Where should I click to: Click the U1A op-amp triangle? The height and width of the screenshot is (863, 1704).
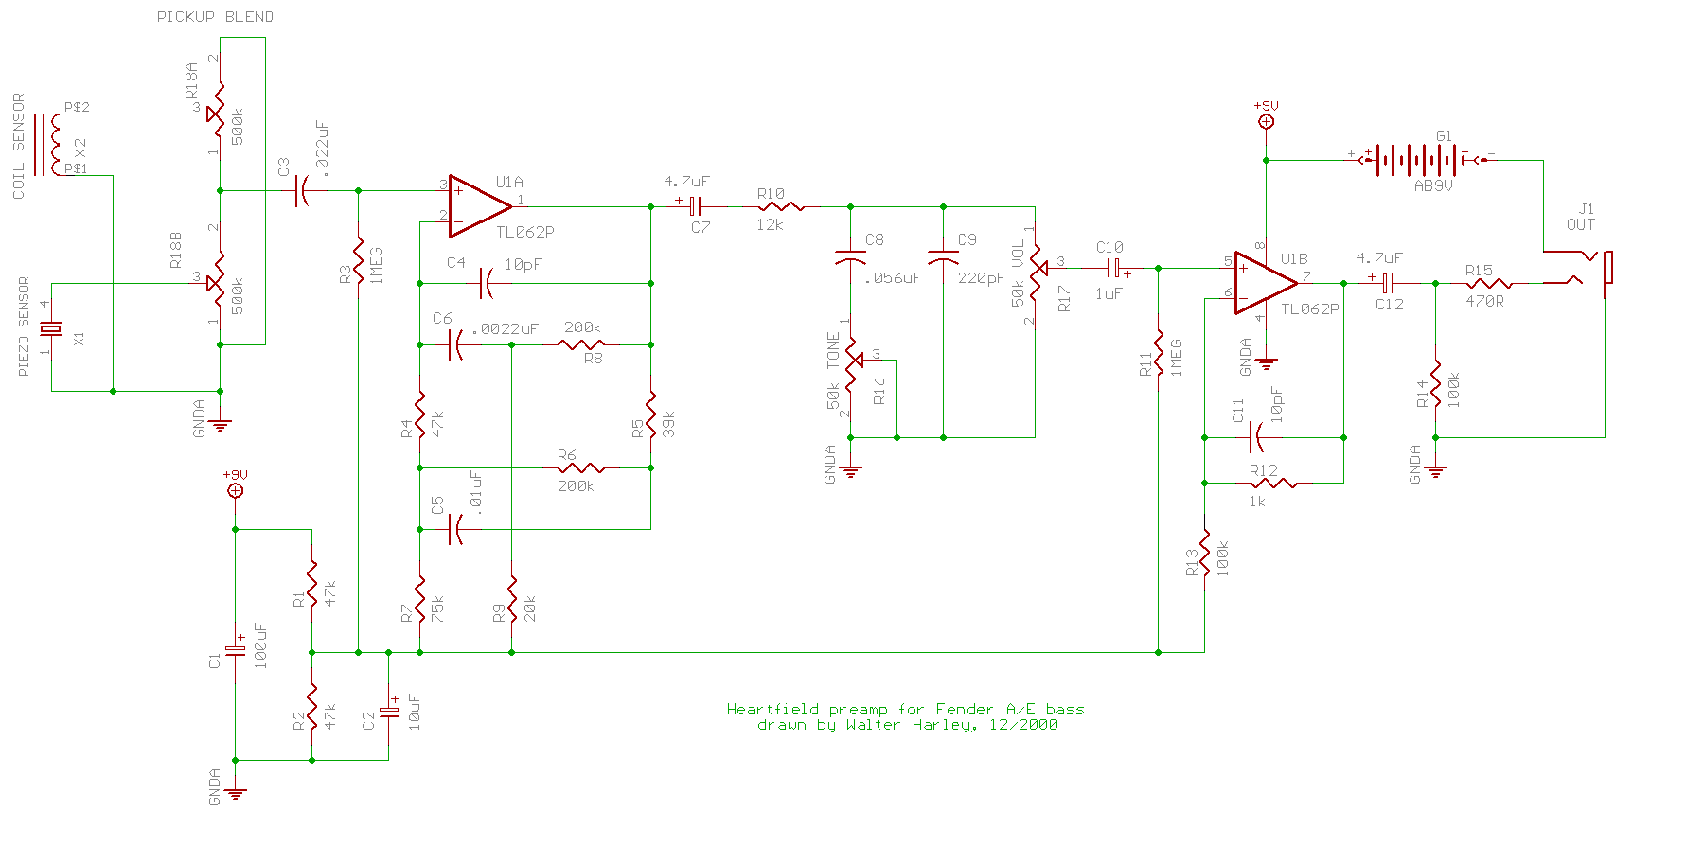pyautogui.click(x=478, y=206)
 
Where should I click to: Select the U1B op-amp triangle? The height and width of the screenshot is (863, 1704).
pyautogui.click(x=1265, y=283)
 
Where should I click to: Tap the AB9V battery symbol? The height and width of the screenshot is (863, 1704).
pyautogui.click(x=1420, y=159)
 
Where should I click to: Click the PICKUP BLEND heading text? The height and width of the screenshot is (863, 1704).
pyautogui.click(x=215, y=17)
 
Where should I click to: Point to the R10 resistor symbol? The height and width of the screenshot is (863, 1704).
pyautogui.click(x=780, y=206)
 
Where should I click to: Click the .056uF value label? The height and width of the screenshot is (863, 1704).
pyautogui.click(x=893, y=278)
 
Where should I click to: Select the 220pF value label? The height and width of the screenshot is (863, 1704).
pyautogui.click(x=981, y=278)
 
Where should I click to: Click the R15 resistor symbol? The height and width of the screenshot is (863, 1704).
pyautogui.click(x=1489, y=283)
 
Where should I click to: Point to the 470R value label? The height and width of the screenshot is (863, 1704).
pyautogui.click(x=1484, y=301)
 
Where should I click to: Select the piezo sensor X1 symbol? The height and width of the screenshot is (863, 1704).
pyautogui.click(x=51, y=329)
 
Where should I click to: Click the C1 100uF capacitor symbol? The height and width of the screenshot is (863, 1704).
pyautogui.click(x=235, y=651)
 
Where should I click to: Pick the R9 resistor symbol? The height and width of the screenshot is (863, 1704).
pyautogui.click(x=511, y=598)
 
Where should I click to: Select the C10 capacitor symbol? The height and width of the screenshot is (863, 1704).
pyautogui.click(x=1113, y=268)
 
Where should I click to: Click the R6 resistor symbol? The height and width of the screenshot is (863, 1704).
pyautogui.click(x=581, y=467)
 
